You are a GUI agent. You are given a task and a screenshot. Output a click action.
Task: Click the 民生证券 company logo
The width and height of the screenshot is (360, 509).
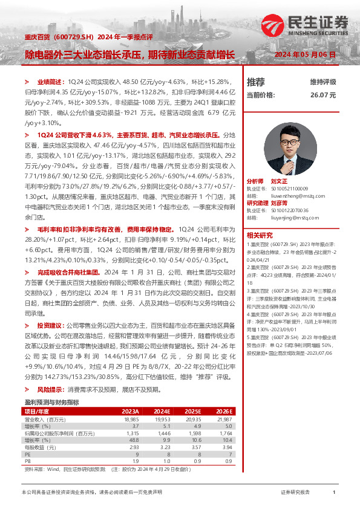point(306,24)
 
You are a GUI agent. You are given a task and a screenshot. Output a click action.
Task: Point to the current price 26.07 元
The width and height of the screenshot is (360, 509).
point(322,95)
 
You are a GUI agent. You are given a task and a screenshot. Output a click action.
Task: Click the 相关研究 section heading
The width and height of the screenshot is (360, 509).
point(259,235)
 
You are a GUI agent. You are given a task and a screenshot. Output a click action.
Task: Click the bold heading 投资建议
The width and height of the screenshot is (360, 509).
point(49,323)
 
